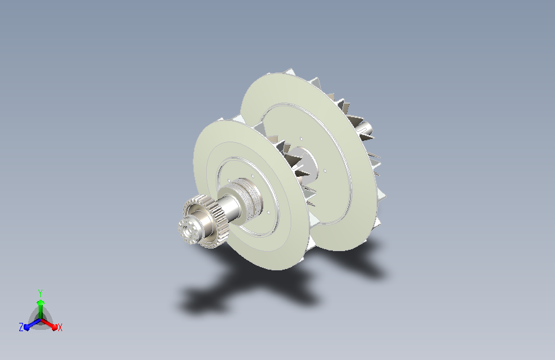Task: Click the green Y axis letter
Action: pos(40,293)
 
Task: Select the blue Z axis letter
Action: pos(21,327)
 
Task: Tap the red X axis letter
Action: pos(60,328)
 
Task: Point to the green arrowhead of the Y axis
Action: pos(41,303)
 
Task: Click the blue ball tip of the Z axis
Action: pos(27,327)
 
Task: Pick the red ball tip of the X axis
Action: pos(54,327)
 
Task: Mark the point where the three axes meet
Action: pos(41,320)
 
